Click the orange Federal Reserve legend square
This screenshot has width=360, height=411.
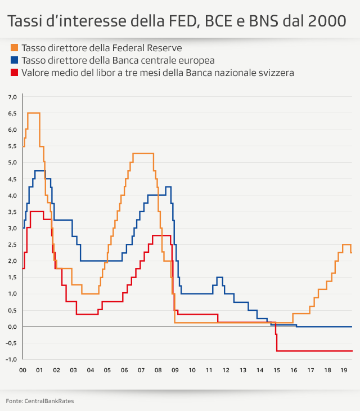tap(14, 48)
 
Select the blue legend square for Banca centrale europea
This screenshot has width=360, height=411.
tap(14, 60)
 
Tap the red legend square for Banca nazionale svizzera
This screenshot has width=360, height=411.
tap(14, 73)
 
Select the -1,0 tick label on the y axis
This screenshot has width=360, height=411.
tap(12, 359)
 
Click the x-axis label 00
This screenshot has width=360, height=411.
tap(22, 370)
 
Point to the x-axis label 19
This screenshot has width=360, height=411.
tap(344, 370)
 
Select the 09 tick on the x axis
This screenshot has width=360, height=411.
tap(175, 370)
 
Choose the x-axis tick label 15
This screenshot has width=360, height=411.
tap(277, 370)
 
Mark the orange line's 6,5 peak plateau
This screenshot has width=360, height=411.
tap(33, 113)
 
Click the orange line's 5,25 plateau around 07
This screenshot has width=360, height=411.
tap(143, 154)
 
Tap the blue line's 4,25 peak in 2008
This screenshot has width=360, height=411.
tap(168, 187)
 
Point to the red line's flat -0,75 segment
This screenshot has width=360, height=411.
tap(315, 351)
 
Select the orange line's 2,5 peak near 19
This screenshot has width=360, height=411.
tap(346, 244)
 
